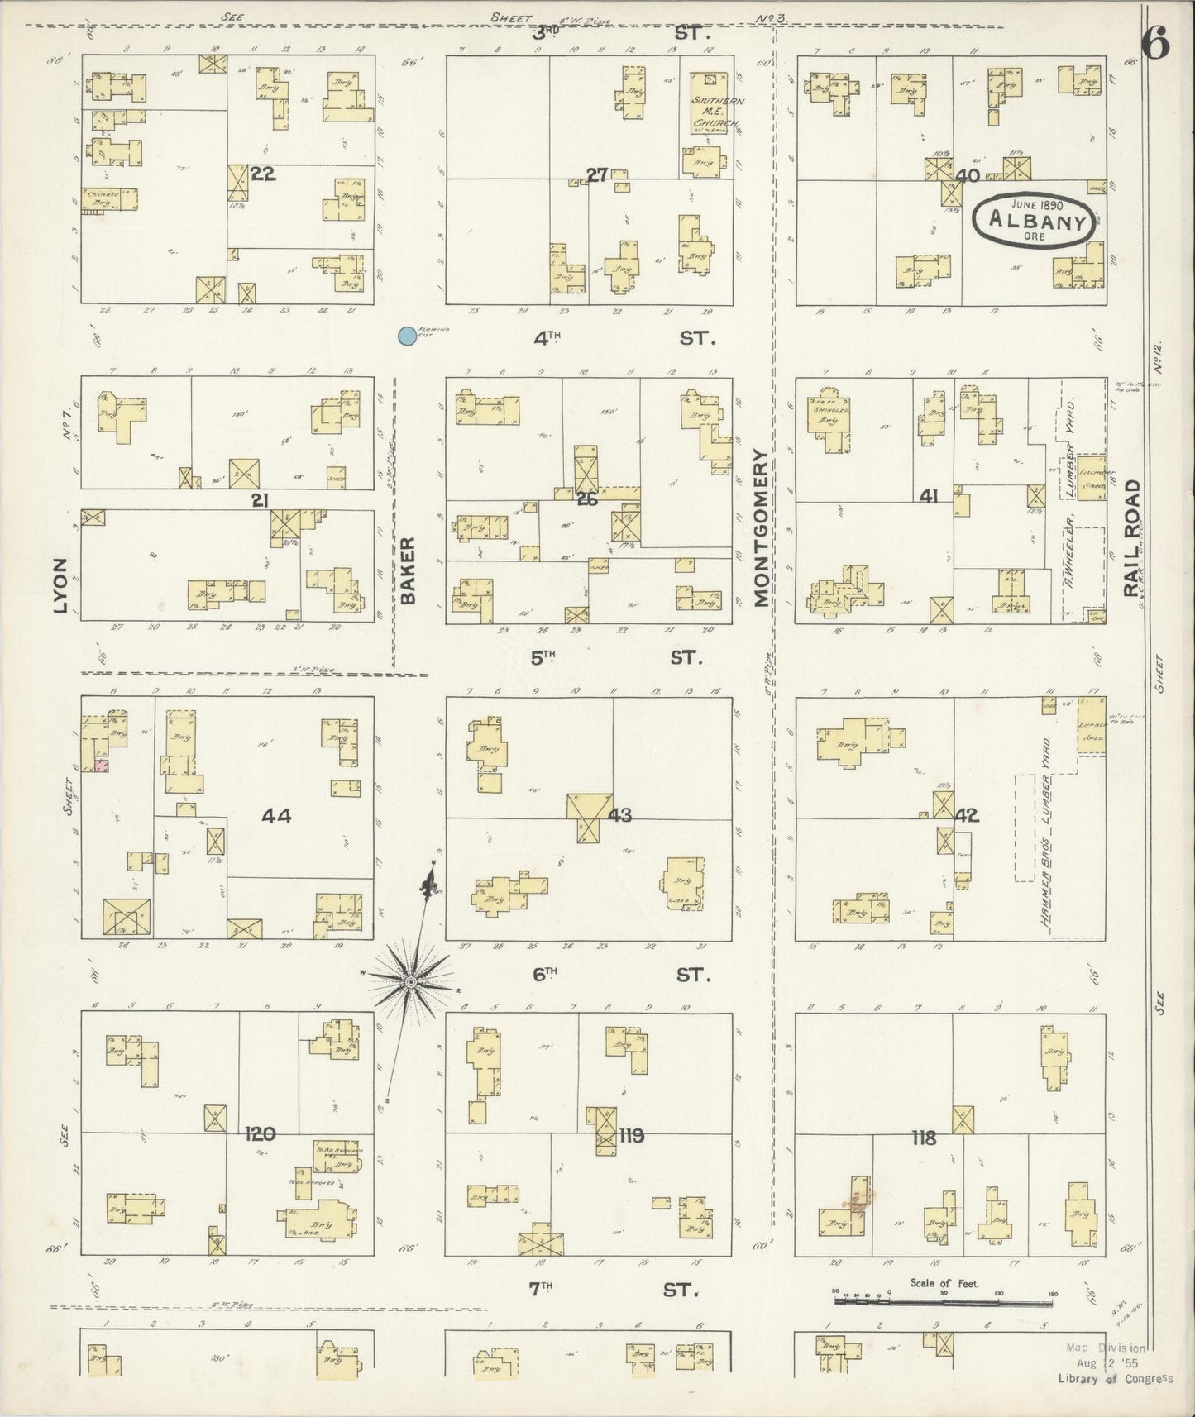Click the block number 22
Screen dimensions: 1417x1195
pyautogui.click(x=262, y=174)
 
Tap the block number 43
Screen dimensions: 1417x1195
pyautogui.click(x=619, y=815)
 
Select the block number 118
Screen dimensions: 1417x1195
pyautogui.click(x=923, y=1138)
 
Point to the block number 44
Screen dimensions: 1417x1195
pyautogui.click(x=276, y=816)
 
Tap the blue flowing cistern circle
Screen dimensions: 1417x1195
pyautogui.click(x=406, y=336)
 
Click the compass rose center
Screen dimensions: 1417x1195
pyautogui.click(x=410, y=981)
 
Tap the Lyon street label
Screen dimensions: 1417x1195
pyautogui.click(x=60, y=585)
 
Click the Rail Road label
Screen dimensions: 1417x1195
pyautogui.click(x=1130, y=538)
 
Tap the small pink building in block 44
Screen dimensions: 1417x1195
pyautogui.click(x=101, y=766)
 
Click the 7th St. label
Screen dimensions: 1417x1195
pyautogui.click(x=612, y=1312)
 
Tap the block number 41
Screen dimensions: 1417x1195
pyautogui.click(x=928, y=496)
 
